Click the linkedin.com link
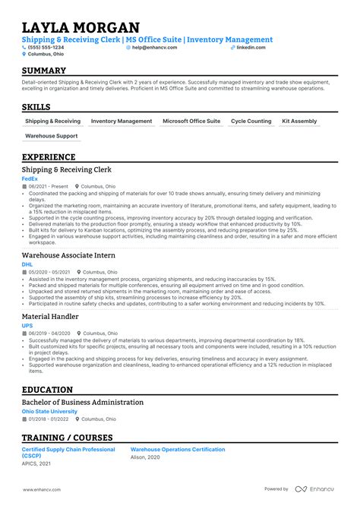tap(251, 47)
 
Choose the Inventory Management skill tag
tap(122, 121)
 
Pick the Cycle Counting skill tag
tap(251, 121)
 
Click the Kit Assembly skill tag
tap(299, 121)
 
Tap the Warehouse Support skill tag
tap(52, 136)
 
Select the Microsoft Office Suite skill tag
tap(191, 121)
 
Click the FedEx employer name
tap(30, 179)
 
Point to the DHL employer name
tap(27, 264)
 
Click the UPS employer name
tap(27, 325)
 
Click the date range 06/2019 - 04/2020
tap(49, 333)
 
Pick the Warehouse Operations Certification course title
tap(178, 450)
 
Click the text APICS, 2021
tap(36, 463)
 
